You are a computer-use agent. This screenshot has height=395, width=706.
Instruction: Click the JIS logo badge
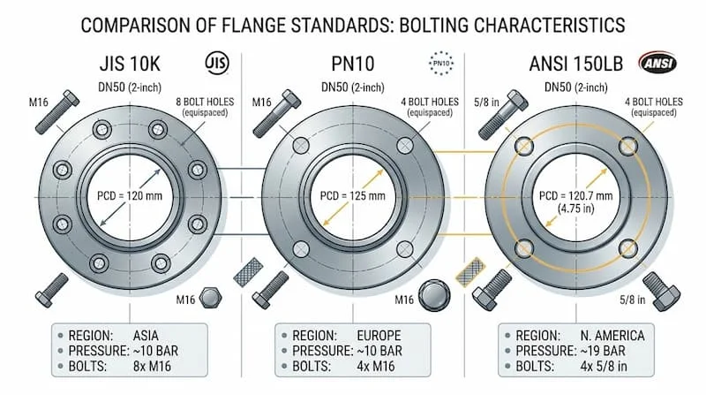(x=217, y=63)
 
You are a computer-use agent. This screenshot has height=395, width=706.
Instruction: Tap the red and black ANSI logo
(x=657, y=63)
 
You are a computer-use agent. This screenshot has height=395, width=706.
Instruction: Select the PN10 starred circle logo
(x=441, y=63)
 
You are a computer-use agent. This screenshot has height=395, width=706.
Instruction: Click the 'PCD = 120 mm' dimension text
(x=130, y=196)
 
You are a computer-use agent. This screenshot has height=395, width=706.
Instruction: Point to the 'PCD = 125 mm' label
(x=352, y=196)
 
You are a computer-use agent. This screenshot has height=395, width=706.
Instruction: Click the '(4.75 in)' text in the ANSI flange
(x=576, y=209)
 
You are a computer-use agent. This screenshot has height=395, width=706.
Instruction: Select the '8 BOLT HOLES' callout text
(x=205, y=102)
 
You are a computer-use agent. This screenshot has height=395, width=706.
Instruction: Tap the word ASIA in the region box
(x=146, y=336)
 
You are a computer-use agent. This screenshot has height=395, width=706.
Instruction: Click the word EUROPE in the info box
(x=379, y=336)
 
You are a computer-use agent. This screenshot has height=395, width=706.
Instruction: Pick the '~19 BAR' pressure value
(x=603, y=351)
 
